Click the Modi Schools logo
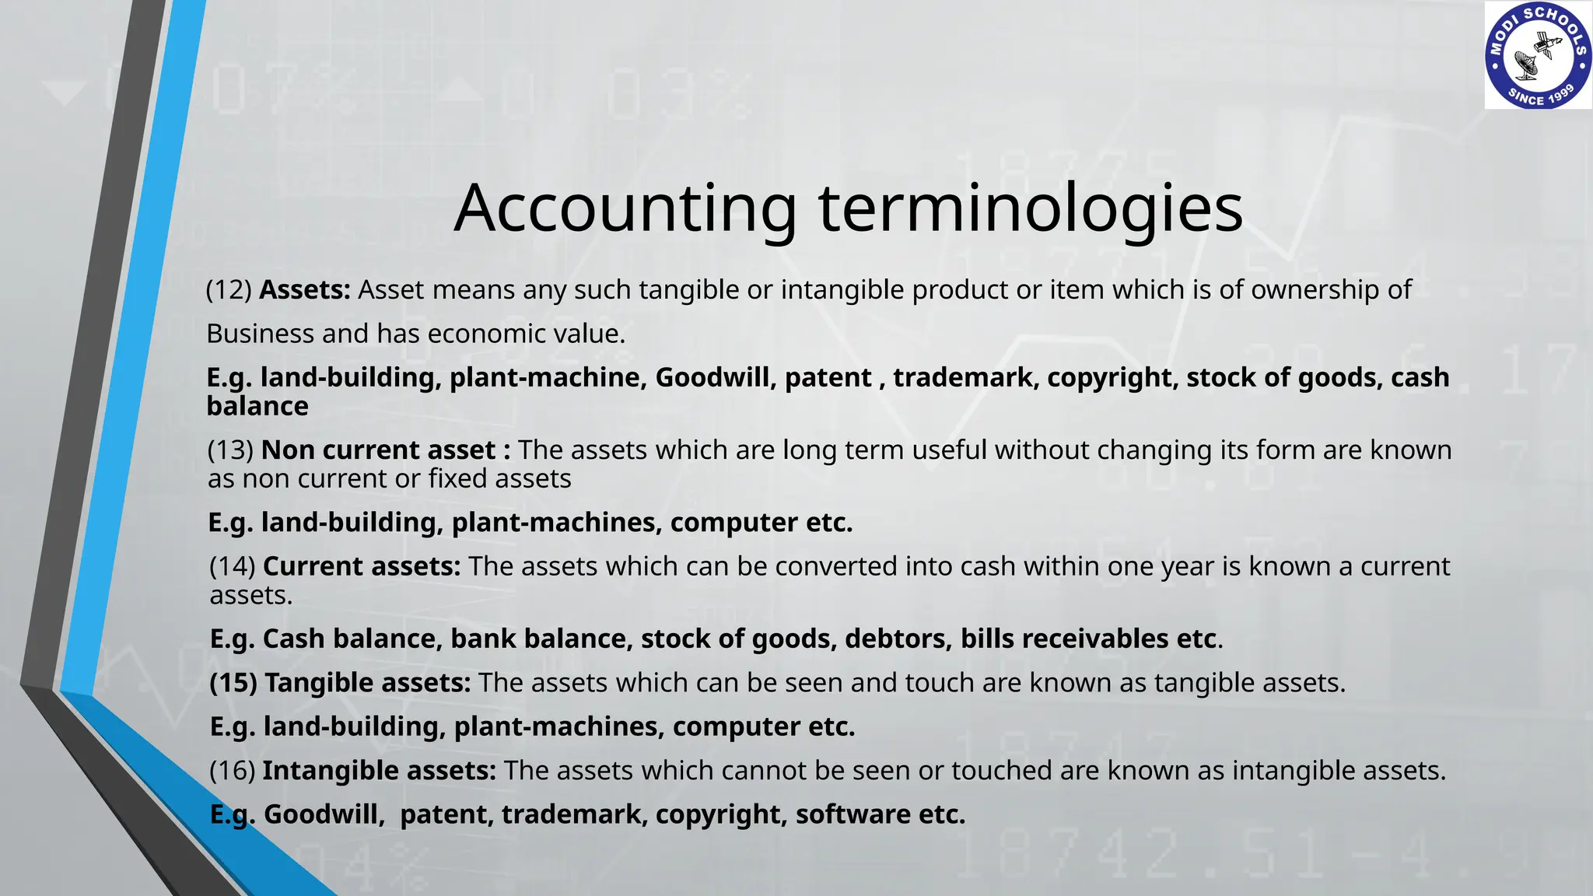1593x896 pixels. [x=1538, y=56]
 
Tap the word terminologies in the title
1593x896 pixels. [x=1031, y=208]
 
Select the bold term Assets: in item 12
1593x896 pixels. [x=305, y=290]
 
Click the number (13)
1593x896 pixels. [x=231, y=450]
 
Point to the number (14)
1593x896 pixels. [x=233, y=566]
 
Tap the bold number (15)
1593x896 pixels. [x=233, y=683]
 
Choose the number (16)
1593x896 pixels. [x=233, y=771]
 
